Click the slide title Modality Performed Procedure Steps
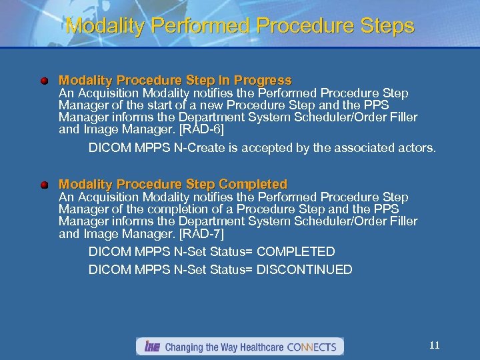coord(240,26)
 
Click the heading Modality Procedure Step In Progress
coord(175,81)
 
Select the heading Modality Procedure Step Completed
coord(173,184)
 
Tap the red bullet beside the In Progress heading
coord(44,81)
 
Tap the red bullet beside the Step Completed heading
coord(44,185)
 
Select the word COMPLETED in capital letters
coord(295,251)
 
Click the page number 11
coord(434,345)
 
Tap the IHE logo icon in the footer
coord(151,347)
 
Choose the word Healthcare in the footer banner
coord(258,347)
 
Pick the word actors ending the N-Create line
coord(417,147)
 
